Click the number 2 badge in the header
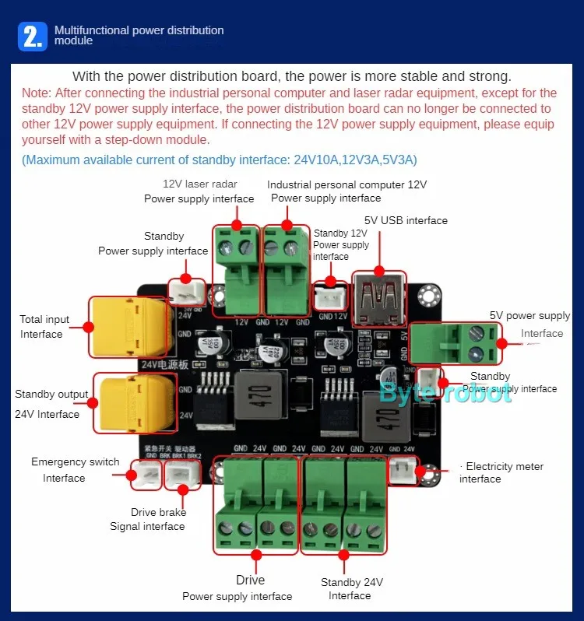coord(33,37)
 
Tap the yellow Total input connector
coord(129,326)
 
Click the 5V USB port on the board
coord(378,299)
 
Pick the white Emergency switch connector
coord(145,474)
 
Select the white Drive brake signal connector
coord(183,474)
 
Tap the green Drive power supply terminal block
coord(256,505)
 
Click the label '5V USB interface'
coord(406,220)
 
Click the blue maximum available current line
coord(220,160)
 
